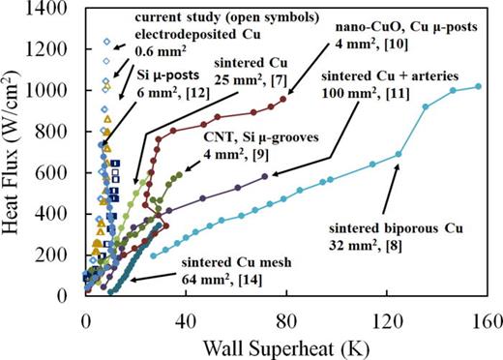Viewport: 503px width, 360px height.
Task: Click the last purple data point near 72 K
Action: [265, 174]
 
